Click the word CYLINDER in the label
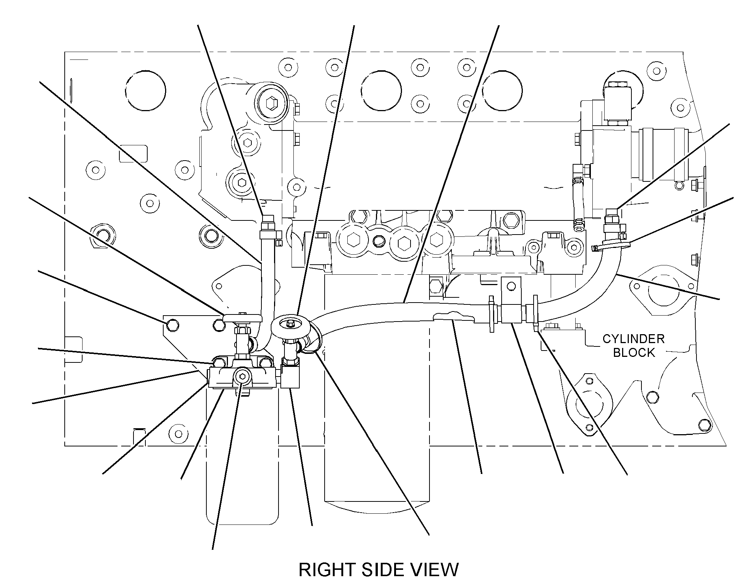[x=633, y=339]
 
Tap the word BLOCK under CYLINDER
[x=634, y=353]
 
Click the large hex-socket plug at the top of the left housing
[x=271, y=102]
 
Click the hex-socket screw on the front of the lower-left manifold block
[x=243, y=377]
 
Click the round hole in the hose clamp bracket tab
[x=511, y=285]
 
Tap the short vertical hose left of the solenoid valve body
[x=578, y=203]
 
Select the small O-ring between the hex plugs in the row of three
[x=378, y=242]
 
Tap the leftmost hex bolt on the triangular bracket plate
[x=172, y=325]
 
